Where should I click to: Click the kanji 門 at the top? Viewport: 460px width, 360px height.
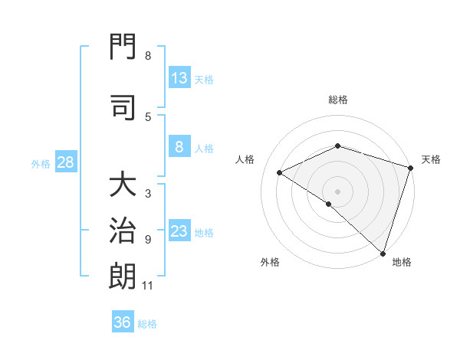tap(123, 46)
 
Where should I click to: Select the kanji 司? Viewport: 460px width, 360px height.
tap(123, 107)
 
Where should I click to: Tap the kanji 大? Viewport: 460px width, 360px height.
tap(123, 183)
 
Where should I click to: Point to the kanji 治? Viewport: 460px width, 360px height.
tap(123, 230)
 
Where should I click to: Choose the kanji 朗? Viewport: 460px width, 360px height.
tap(123, 276)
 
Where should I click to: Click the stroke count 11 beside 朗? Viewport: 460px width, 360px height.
tap(147, 286)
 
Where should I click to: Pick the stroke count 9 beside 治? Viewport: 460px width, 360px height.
tap(148, 240)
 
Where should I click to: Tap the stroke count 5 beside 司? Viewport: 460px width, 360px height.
tap(148, 117)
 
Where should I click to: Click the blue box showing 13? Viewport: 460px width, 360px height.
tap(179, 77)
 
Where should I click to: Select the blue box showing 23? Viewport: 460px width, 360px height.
tap(179, 230)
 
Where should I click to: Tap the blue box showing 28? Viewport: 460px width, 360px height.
tap(66, 162)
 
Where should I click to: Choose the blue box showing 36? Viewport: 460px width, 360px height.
tap(123, 321)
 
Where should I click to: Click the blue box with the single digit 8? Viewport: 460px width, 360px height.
tap(179, 146)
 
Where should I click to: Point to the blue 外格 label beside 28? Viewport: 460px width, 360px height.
tap(41, 164)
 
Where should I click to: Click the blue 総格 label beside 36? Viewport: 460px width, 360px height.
tap(147, 324)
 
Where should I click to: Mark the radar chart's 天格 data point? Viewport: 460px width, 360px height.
tap(410, 168)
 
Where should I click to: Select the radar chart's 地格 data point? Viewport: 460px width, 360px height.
tap(383, 254)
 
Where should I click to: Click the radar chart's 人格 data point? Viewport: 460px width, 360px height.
tap(280, 172)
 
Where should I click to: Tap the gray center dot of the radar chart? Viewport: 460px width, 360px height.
tap(337, 191)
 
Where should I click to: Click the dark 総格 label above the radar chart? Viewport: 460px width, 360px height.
tap(338, 100)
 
